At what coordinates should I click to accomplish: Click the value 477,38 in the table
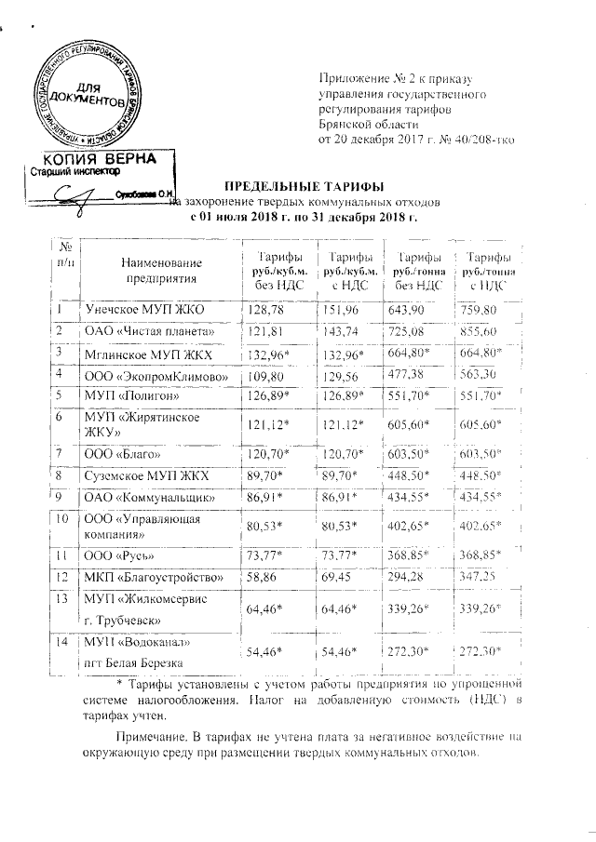pyautogui.click(x=406, y=374)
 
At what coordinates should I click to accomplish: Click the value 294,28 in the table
pyautogui.click(x=406, y=577)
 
